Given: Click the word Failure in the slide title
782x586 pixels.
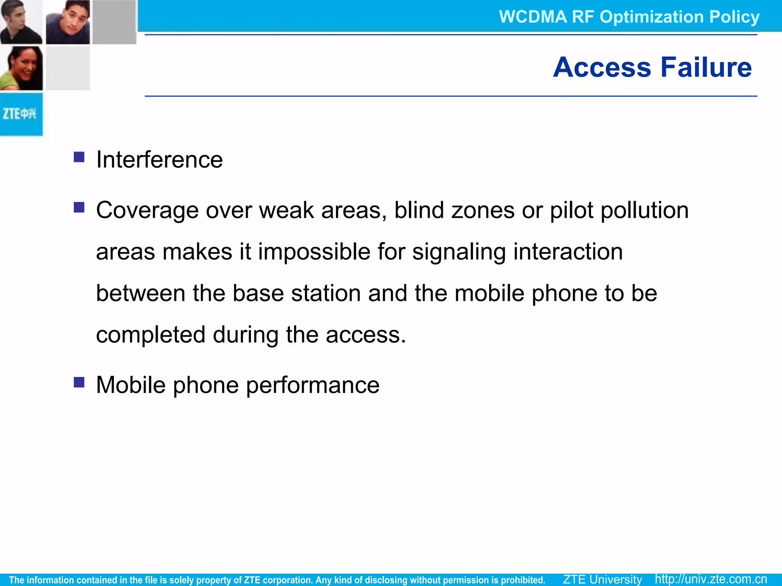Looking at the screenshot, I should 706,67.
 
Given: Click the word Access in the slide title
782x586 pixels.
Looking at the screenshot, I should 602,67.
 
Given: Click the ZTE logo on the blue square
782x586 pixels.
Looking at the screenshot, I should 20,114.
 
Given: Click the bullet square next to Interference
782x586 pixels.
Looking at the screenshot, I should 79,157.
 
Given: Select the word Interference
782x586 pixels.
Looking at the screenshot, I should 159,159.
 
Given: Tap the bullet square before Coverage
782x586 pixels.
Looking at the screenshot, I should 79,207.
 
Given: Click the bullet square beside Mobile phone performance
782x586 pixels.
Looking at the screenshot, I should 79,382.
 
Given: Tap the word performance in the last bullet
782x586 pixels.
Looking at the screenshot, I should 313,385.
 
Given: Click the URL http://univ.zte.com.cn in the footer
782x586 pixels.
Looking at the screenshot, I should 711,579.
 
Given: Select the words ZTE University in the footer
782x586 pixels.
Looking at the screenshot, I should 602,579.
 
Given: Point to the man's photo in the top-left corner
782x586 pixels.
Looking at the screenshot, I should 21,22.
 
